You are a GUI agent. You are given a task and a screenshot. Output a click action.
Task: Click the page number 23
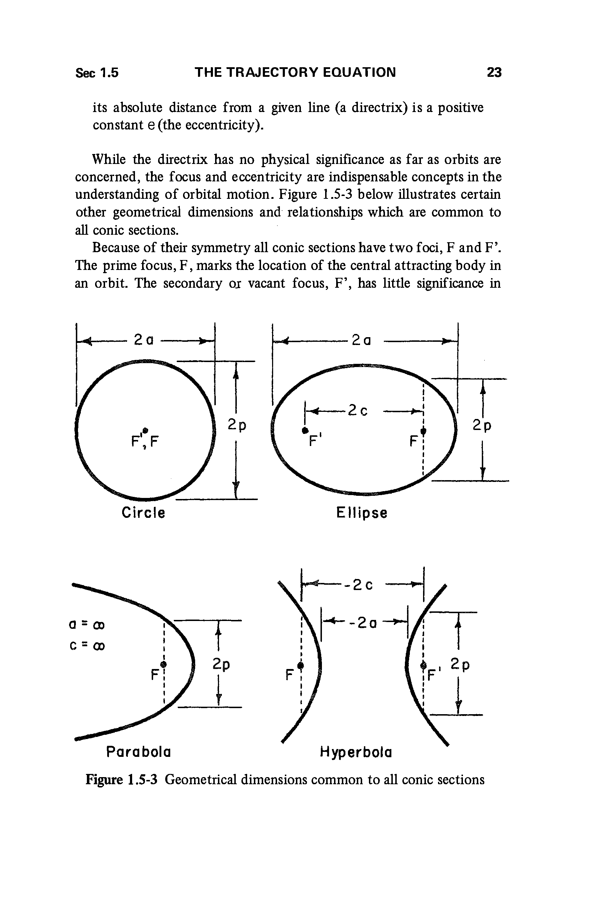tap(494, 72)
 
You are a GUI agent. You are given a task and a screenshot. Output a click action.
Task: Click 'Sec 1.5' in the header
tap(97, 73)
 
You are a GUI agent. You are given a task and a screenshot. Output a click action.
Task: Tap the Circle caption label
tap(143, 513)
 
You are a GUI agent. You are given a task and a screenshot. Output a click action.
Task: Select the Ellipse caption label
tap(362, 513)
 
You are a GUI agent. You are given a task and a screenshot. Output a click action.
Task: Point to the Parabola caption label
tap(138, 752)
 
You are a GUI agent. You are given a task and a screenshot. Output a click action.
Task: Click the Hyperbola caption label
tap(356, 752)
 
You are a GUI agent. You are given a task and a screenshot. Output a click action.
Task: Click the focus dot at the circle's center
tap(145, 430)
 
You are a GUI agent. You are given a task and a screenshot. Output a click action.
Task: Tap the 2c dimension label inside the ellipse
tap(358, 410)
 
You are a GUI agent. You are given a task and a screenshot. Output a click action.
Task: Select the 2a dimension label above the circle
tap(144, 340)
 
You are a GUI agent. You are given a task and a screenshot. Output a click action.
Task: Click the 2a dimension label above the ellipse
tap(361, 340)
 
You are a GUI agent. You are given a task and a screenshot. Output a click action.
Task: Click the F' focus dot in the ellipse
tap(304, 430)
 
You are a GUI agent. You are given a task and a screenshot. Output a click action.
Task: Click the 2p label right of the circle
tap(237, 425)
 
